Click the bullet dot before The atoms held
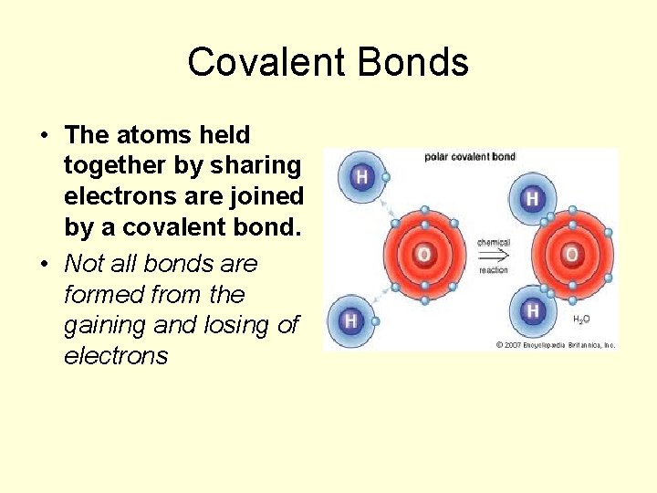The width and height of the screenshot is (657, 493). pos(43,136)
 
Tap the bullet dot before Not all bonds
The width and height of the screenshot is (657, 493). pos(43,265)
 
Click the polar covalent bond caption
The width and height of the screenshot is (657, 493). pos(470,157)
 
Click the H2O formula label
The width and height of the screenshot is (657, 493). pos(580,320)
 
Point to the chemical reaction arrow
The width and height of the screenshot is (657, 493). pos(494,257)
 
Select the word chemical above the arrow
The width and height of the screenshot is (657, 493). pos(494,243)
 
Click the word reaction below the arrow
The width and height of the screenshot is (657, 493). pos(494,270)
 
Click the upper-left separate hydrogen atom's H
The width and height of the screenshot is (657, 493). pos(361,177)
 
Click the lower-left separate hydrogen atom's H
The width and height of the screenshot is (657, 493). pos(350,320)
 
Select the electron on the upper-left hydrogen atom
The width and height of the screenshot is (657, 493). pos(386,177)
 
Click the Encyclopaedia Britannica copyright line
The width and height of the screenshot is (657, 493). pos(556,344)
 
